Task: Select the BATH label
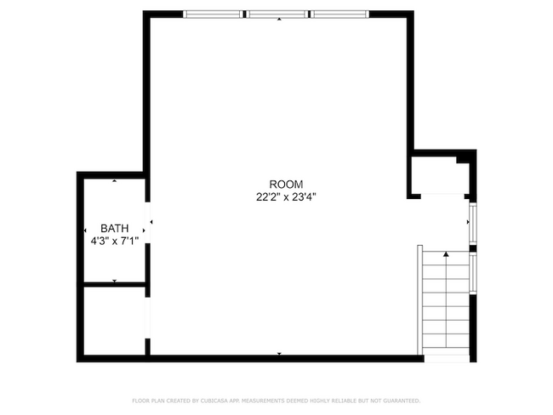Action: (115, 228)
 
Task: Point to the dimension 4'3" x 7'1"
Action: (115, 241)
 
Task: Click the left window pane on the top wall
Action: (215, 14)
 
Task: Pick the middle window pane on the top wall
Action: (279, 14)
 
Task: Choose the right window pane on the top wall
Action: (339, 14)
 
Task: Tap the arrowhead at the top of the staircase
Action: (446, 253)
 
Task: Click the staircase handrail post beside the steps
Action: (419, 298)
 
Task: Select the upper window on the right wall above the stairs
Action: (473, 223)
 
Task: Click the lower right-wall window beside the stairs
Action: (473, 272)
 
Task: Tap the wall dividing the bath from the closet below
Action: (115, 284)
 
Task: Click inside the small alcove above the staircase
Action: (438, 176)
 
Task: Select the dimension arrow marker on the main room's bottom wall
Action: (279, 353)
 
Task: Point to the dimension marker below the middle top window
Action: (279, 19)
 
